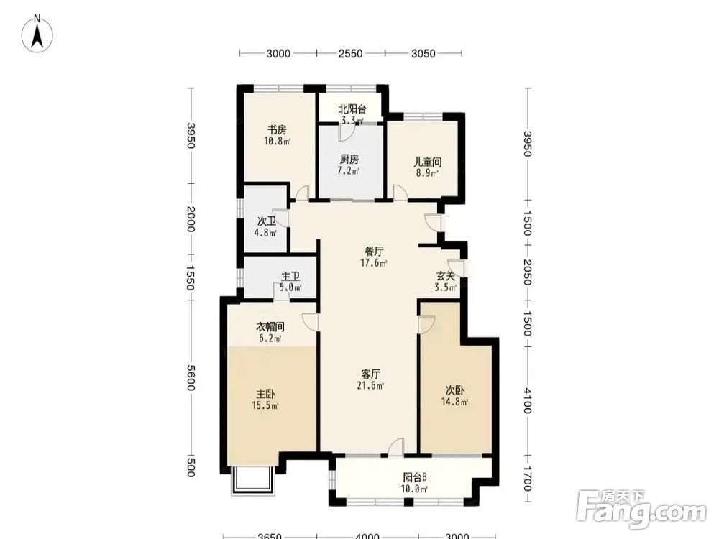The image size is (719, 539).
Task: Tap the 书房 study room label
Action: tap(277, 129)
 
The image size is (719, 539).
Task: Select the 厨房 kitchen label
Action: tap(349, 160)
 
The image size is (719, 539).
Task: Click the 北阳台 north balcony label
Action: tap(352, 109)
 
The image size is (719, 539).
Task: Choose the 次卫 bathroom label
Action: tap(267, 221)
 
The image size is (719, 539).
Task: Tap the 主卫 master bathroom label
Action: tap(290, 277)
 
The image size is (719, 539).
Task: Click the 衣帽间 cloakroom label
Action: tap(270, 327)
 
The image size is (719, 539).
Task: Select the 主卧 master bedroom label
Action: tap(265, 394)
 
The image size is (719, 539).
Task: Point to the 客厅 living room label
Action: tap(370, 374)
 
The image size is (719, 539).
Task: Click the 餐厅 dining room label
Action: tap(374, 251)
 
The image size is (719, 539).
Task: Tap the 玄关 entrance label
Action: tap(445, 276)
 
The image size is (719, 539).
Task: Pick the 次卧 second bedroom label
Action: tap(455, 390)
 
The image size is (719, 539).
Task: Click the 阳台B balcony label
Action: tap(415, 478)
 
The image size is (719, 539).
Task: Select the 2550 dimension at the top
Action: tap(350, 54)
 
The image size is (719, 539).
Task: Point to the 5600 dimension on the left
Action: tap(191, 378)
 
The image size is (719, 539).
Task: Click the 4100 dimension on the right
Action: tap(527, 400)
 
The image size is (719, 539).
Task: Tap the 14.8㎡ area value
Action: tap(454, 402)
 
